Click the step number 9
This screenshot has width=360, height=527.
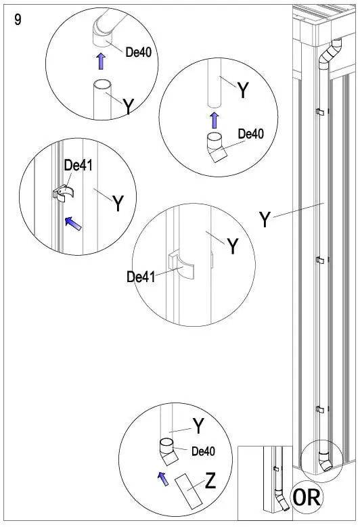tap(18, 20)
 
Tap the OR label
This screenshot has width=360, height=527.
tap(307, 497)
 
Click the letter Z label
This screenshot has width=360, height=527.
tap(210, 480)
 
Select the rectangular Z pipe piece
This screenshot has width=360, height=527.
tap(189, 490)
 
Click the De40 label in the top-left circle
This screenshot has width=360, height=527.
tap(139, 52)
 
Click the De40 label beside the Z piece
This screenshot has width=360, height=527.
tap(203, 451)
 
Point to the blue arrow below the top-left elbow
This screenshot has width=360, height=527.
tap(101, 61)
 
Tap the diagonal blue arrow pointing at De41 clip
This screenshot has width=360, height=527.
tap(73, 223)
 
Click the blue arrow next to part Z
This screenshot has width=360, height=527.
tap(163, 478)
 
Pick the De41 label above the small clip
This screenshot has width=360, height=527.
tap(78, 165)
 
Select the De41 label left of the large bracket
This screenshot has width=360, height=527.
tap(141, 277)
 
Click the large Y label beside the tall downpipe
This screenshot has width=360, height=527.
tap(265, 219)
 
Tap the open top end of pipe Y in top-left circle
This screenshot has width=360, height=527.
tap(103, 84)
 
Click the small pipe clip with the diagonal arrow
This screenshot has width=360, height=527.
tap(64, 194)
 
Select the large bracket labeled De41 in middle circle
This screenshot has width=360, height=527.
tap(181, 265)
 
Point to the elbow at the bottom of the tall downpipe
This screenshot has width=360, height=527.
tap(325, 461)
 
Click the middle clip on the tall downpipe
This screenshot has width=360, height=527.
tap(319, 260)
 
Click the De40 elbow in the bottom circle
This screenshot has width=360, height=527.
tap(168, 452)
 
